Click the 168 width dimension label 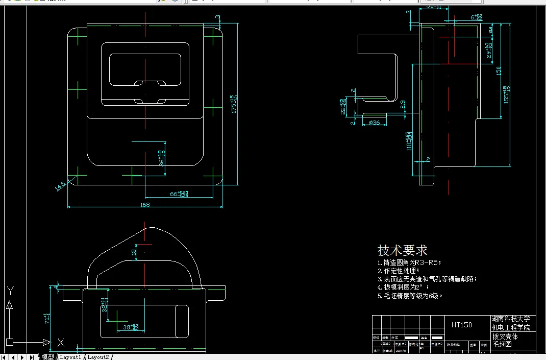[145, 205]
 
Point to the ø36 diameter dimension [374, 123]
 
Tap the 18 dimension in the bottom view [134, 252]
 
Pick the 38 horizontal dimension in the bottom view [131, 326]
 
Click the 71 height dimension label [46, 319]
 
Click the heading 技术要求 [402, 250]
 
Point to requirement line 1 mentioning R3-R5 [409, 262]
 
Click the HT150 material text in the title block [461, 324]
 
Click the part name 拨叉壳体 [505, 337]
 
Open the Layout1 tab [70, 356]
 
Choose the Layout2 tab [98, 356]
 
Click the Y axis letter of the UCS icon [10, 291]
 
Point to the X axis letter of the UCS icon [61, 342]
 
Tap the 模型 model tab [47, 356]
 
